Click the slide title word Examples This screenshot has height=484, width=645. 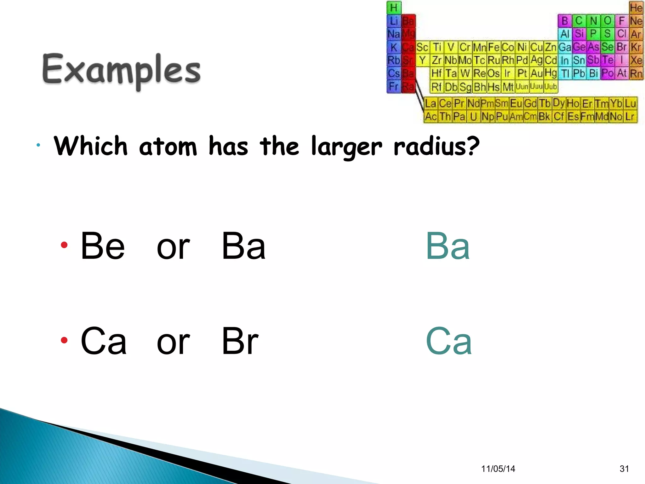point(121,70)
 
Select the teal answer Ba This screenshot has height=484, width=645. point(448,246)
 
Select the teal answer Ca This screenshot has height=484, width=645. point(448,341)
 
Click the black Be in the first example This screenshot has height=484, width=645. point(103,246)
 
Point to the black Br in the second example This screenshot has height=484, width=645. point(240,341)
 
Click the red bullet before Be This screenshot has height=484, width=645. point(64,245)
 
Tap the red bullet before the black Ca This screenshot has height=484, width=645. point(64,340)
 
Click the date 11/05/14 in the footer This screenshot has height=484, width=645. point(498,469)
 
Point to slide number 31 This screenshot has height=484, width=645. point(624,469)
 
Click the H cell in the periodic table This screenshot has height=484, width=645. point(394,8)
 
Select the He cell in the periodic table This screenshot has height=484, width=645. point(636,8)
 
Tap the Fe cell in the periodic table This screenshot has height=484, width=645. point(494,47)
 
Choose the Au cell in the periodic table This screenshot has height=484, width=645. point(536,73)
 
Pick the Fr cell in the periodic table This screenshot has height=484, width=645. point(394,86)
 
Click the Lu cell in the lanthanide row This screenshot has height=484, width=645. point(631,103)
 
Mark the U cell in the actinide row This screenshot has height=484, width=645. point(473,117)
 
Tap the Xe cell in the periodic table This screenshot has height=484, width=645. point(636,60)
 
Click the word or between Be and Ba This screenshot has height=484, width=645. point(173,247)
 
